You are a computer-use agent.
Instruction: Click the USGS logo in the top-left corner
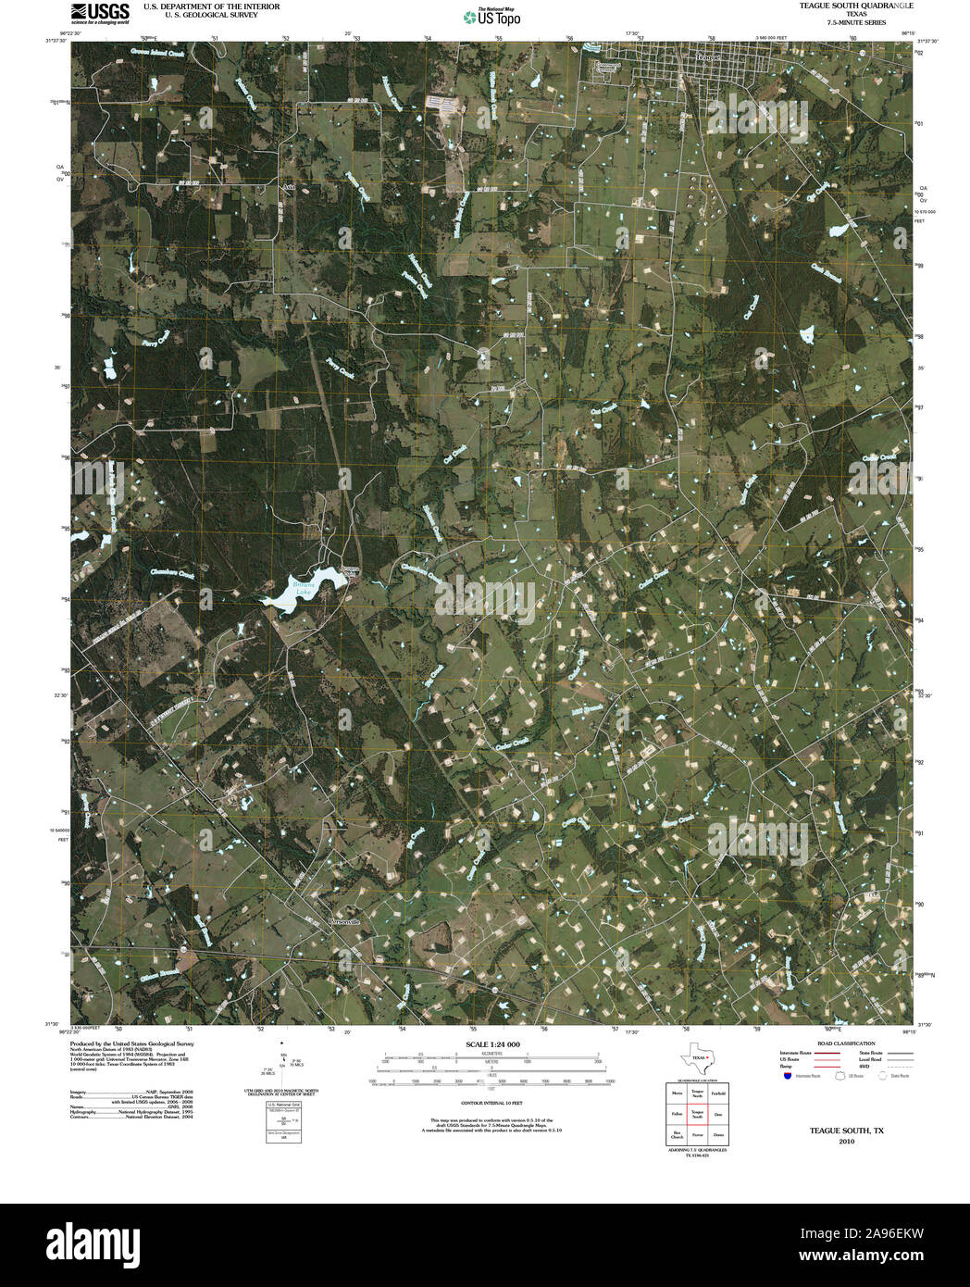(x=100, y=12)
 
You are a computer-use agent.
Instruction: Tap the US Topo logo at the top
(x=492, y=16)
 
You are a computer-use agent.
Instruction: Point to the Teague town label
(x=708, y=57)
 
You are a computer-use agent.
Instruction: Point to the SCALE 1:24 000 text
(x=492, y=1044)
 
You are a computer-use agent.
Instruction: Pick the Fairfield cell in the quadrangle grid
(x=718, y=1093)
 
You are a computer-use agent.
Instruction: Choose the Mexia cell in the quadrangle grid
(x=677, y=1093)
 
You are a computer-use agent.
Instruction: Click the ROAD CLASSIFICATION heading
(x=839, y=1043)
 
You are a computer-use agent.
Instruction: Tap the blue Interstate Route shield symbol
(x=787, y=1076)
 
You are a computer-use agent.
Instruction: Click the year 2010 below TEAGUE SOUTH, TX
(x=846, y=1142)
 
